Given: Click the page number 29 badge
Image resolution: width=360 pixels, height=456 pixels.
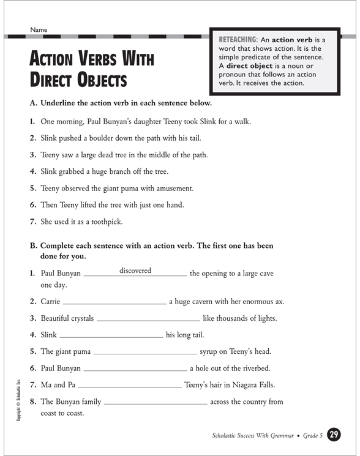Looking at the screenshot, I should point(334,435).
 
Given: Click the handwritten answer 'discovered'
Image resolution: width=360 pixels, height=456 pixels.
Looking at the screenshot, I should point(135,271).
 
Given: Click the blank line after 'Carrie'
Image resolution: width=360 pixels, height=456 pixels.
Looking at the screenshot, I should point(114,303).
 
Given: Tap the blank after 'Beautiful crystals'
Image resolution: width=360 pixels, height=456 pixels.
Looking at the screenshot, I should point(148,320).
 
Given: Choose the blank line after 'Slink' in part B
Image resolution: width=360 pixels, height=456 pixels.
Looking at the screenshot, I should point(111,336).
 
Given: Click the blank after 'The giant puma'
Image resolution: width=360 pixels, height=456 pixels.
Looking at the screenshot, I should point(144,353).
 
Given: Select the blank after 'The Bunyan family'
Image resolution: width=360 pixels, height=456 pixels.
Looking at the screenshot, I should point(156,403).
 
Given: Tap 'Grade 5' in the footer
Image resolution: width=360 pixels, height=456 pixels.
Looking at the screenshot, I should point(313,436).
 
